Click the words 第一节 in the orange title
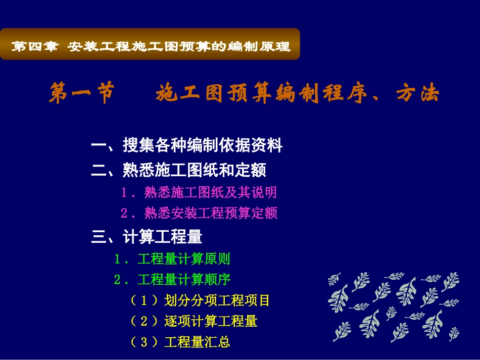pyautogui.click(x=81, y=94)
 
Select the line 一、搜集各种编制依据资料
pyautogui.click(x=186, y=146)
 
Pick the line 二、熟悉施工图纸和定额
pyautogui.click(x=178, y=170)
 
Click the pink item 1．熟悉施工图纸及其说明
pyautogui.click(x=199, y=192)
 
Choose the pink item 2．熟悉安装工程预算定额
pyautogui.click(x=199, y=213)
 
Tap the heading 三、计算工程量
pyautogui.click(x=147, y=236)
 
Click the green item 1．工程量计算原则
pyautogui.click(x=172, y=260)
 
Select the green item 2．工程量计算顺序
pyautogui.click(x=172, y=279)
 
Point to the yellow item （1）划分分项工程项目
pyautogui.click(x=200, y=301)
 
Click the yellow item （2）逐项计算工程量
pyautogui.click(x=193, y=321)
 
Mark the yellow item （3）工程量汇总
pyautogui.click(x=179, y=342)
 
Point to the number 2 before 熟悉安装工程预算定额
pyautogui.click(x=124, y=213)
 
